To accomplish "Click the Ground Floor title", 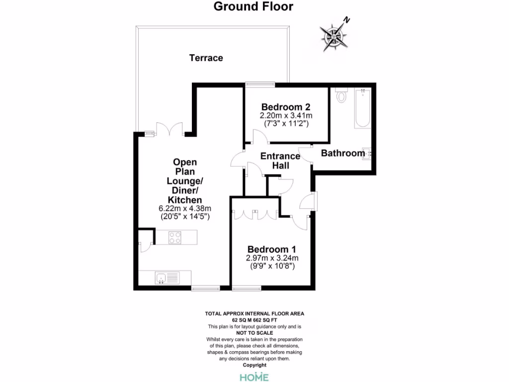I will pyautogui.click(x=254, y=6).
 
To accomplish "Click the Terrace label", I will pyautogui.click(x=206, y=58).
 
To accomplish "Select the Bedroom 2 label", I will pyautogui.click(x=286, y=107).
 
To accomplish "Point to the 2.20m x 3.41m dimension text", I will pyautogui.click(x=286, y=115).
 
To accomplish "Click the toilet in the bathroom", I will pyautogui.click(x=341, y=95).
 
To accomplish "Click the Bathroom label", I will pyautogui.click(x=343, y=153).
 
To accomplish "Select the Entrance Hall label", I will pyautogui.click(x=280, y=161).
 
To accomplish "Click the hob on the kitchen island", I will pyautogui.click(x=174, y=238).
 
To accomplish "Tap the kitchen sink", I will pyautogui.click(x=162, y=278).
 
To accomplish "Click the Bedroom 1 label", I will pyautogui.click(x=272, y=249).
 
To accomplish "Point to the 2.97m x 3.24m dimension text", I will pyautogui.click(x=272, y=258).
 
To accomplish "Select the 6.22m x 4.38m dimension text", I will pyautogui.click(x=185, y=208).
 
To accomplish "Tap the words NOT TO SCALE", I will pyautogui.click(x=254, y=333).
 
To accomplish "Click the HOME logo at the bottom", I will pyautogui.click(x=254, y=377).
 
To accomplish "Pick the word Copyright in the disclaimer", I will pyautogui.click(x=254, y=365).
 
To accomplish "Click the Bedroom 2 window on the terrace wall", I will pyautogui.click(x=260, y=84).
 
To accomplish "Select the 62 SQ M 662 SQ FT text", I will pyautogui.click(x=254, y=320).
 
